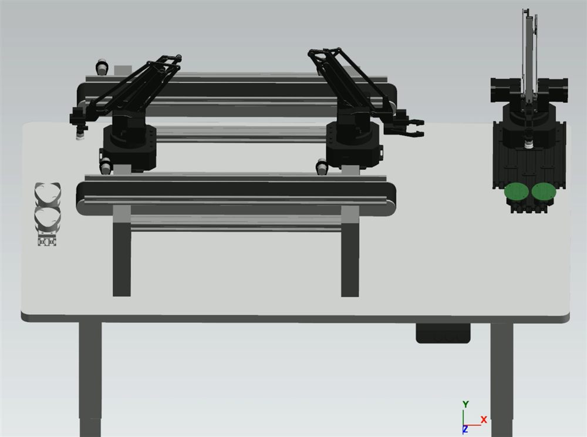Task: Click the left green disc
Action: coord(517,191)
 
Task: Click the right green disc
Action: coord(543,191)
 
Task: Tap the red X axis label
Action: coord(483,420)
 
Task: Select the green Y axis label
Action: coord(465,405)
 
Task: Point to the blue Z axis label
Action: coord(465,429)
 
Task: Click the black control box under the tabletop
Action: coord(443,333)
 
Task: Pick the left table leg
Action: coord(90,379)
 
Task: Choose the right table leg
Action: coord(502,379)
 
